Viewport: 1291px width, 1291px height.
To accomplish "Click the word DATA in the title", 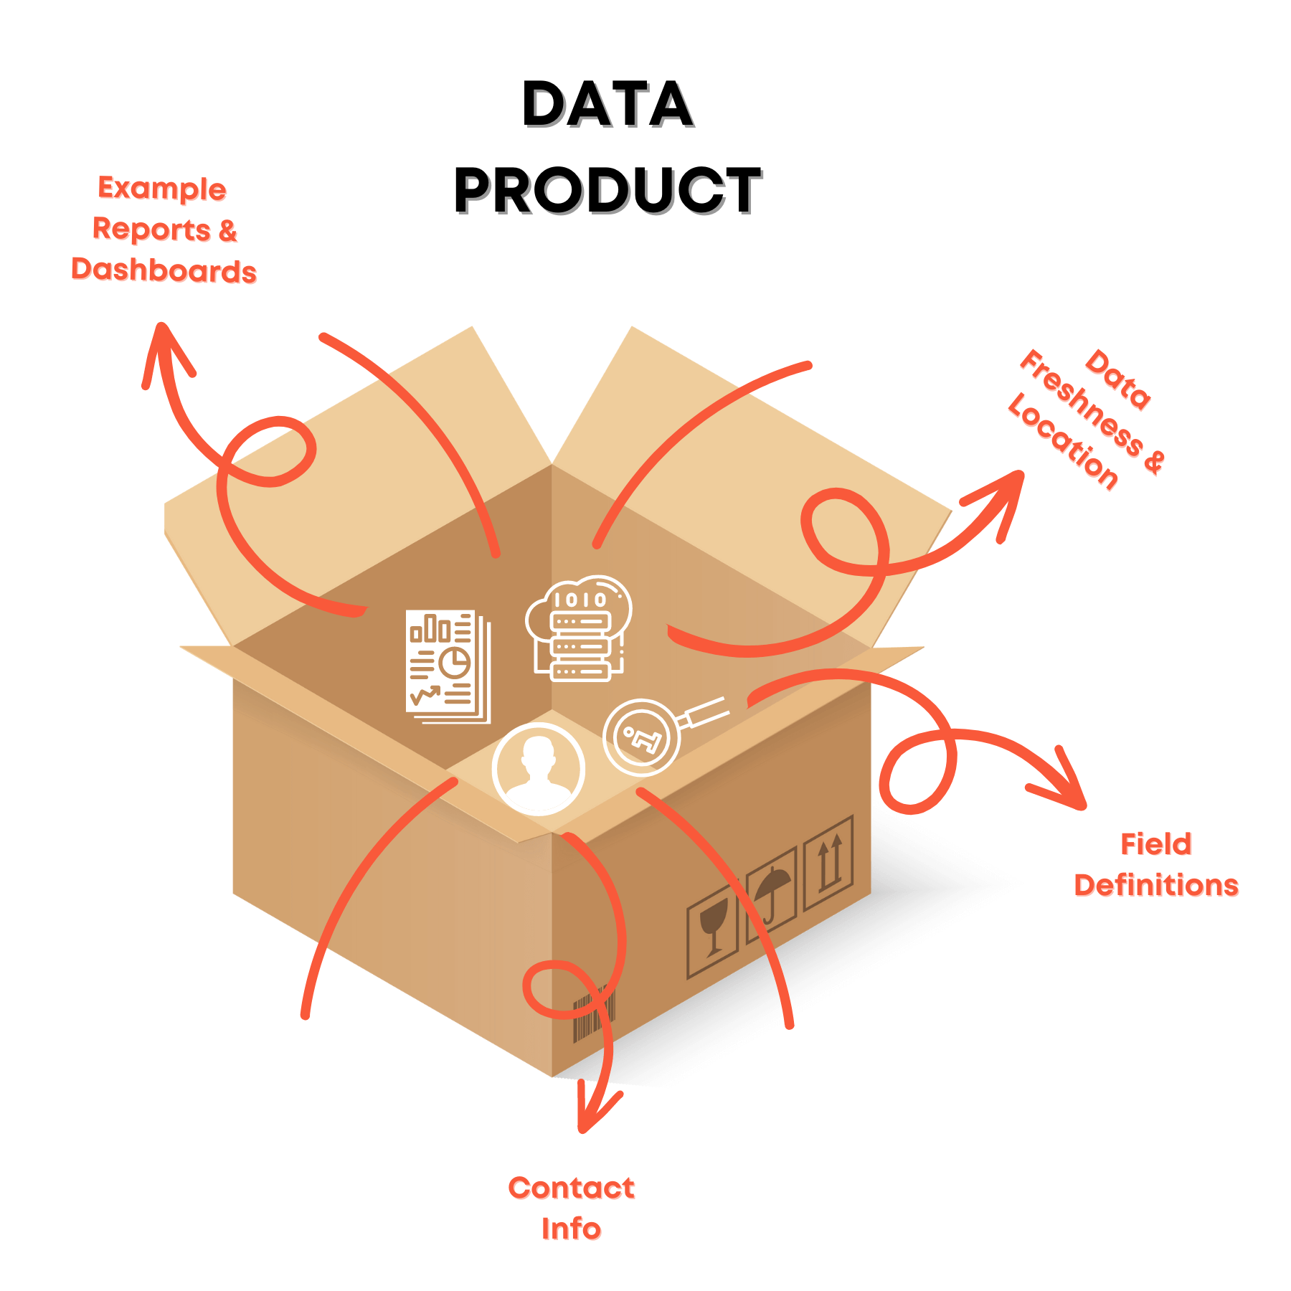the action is pos(607,104).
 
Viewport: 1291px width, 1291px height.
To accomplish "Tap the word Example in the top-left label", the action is pos(162,189).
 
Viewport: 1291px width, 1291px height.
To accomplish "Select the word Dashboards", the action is pos(164,270).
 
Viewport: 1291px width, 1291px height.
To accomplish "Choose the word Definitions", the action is pos(1156,885).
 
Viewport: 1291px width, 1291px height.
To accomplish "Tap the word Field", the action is pos(1156,844).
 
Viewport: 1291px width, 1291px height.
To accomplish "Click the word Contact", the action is pos(572,1188).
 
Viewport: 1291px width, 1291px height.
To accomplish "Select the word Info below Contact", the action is pos(571,1229).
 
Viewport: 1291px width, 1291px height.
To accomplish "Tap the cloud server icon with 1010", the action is pos(579,628).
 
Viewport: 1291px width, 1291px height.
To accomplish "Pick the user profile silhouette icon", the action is pos(539,770).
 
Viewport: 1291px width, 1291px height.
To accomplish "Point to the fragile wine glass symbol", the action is pos(712,930).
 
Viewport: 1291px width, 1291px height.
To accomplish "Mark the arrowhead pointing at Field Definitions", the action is pos(1061,782).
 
